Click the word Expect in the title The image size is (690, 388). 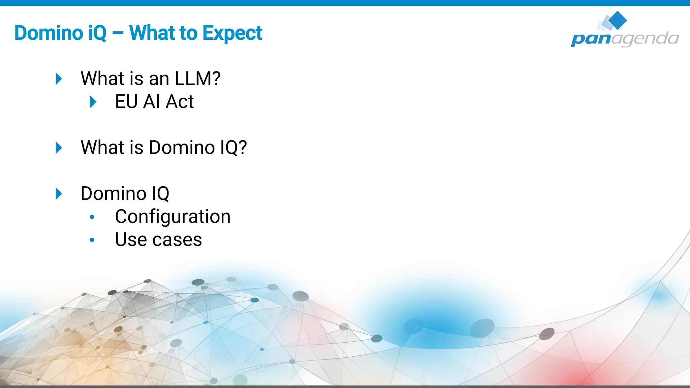click(232, 33)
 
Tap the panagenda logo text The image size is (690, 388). click(625, 38)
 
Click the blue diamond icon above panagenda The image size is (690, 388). click(617, 20)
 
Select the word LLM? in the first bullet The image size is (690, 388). click(197, 78)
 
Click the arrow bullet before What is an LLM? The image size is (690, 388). click(59, 79)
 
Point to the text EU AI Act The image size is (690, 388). click(154, 101)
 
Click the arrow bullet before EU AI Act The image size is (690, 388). click(93, 102)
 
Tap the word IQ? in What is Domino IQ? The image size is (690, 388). click(233, 148)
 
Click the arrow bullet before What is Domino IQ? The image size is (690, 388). click(59, 148)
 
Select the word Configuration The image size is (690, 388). click(172, 216)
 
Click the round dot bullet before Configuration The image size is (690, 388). click(92, 217)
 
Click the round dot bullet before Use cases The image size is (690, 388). click(92, 240)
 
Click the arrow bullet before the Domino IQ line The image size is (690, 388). click(59, 194)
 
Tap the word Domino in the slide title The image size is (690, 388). click(49, 33)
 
